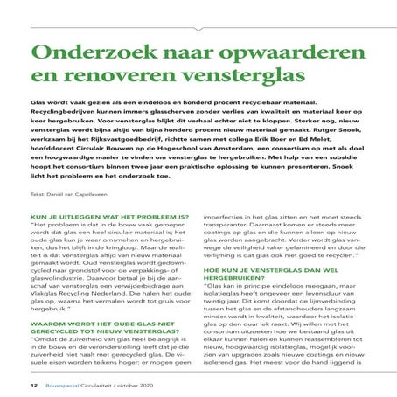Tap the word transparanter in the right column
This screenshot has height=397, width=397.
pos(232,226)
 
